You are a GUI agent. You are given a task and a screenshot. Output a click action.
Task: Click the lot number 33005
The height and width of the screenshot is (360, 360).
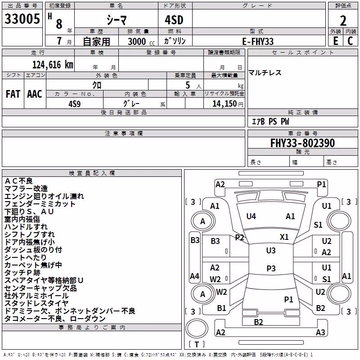coord(22,19)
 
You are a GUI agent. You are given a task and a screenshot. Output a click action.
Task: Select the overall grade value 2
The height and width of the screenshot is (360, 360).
coord(343,21)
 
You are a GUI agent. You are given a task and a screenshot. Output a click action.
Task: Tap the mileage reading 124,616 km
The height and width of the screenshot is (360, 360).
coord(53,65)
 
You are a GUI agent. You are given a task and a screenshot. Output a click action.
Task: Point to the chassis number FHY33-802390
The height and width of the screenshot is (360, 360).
coord(302,143)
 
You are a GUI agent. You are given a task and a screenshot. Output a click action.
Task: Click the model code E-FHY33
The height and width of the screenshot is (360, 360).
coord(258,41)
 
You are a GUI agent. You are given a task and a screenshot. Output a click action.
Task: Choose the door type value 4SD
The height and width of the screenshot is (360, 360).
coord(174,20)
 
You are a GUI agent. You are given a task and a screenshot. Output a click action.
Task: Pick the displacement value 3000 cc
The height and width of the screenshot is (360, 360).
coord(141,41)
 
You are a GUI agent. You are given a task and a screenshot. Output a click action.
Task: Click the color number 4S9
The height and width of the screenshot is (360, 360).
coord(75,104)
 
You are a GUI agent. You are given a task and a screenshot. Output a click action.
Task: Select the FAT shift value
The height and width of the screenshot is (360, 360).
coord(13,94)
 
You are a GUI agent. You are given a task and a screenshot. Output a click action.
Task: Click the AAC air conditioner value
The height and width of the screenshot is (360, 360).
coord(35,94)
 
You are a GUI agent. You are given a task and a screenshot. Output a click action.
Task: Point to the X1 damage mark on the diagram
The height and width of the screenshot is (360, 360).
coord(284,237)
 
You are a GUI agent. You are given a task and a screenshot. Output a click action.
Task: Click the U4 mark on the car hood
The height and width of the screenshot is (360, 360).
coord(251,216)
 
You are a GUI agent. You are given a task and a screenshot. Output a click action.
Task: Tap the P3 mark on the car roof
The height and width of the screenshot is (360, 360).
coord(271,268)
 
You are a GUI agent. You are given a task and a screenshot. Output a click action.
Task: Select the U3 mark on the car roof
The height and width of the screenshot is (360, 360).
coord(271,251)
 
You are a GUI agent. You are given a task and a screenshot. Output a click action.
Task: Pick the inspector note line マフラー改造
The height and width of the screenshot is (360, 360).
coord(26,189)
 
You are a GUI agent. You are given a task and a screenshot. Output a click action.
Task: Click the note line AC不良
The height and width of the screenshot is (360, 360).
coord(18,181)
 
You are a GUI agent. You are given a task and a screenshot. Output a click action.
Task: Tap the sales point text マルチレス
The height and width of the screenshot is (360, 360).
coord(265,73)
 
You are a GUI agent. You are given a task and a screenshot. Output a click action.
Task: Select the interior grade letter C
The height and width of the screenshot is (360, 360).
coord(350,41)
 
